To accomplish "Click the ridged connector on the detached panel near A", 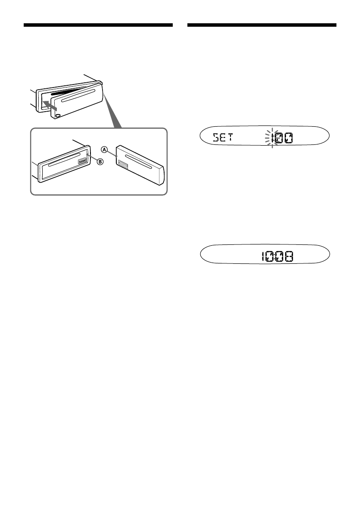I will click(x=122, y=165).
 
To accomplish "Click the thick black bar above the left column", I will click(x=98, y=25).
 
